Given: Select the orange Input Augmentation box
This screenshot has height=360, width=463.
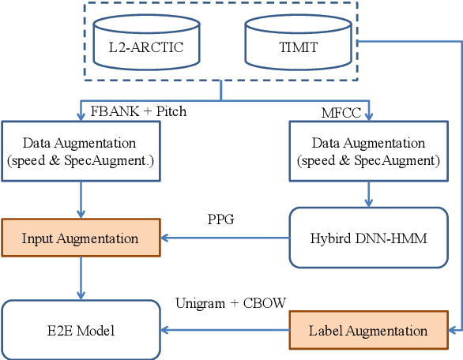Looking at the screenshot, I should (x=80, y=238).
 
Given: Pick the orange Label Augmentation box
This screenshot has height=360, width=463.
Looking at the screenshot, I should (x=367, y=331).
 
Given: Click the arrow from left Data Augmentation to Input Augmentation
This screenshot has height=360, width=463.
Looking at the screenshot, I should (x=80, y=201).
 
